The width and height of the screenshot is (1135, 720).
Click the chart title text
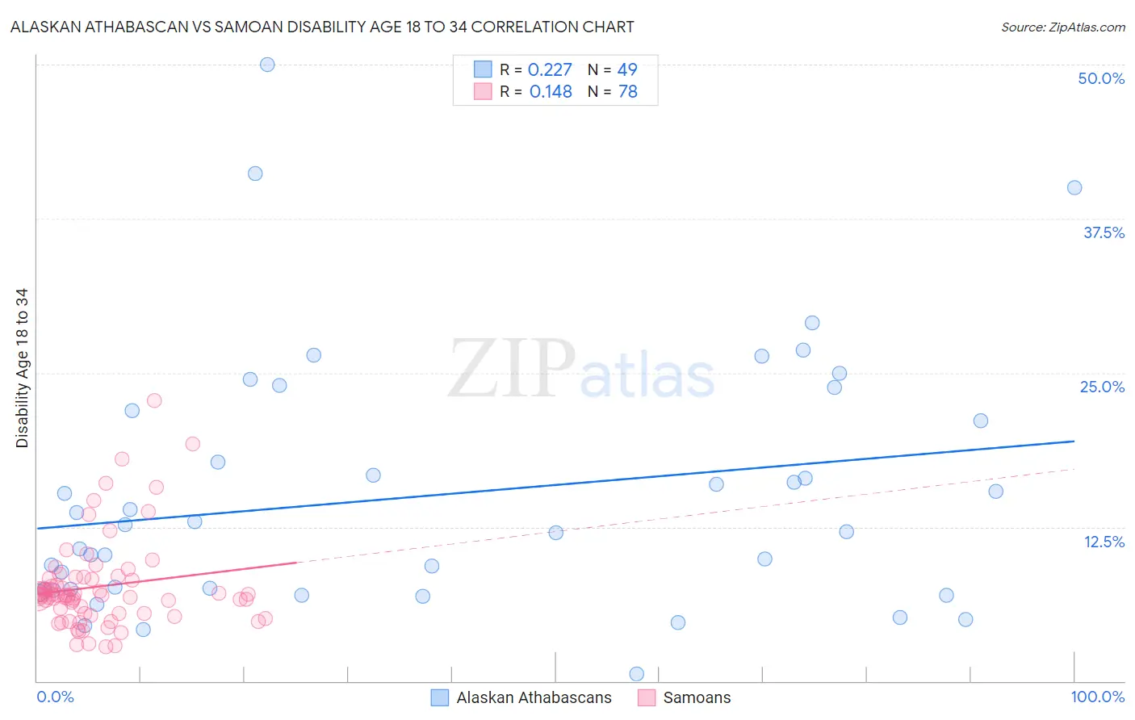[x=322, y=27]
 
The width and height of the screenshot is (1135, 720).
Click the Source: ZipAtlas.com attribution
[x=1062, y=27]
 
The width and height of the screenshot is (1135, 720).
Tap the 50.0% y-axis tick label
[x=1101, y=78]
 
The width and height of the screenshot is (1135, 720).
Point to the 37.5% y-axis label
[x=1104, y=232]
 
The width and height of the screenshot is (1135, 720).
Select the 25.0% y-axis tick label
[x=1102, y=387]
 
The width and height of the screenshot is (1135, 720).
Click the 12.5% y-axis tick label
[x=1104, y=542]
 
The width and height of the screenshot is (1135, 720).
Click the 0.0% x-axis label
[x=55, y=697]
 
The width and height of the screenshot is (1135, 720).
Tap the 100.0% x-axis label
[x=1097, y=697]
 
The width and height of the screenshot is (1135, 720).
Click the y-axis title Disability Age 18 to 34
[x=22, y=368]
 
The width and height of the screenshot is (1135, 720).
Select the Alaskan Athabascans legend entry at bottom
[x=533, y=697]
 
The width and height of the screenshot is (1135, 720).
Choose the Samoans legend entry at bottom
[x=696, y=697]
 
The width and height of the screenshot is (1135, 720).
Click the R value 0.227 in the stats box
[x=550, y=70]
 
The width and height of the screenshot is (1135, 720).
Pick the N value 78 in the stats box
[x=627, y=92]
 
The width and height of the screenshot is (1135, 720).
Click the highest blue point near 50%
[x=267, y=65]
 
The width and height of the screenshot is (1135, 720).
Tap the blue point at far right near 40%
[x=1074, y=188]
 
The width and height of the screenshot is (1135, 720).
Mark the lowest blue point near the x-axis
[x=636, y=674]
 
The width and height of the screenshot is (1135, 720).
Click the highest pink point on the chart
[x=154, y=400]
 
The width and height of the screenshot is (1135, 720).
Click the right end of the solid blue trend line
[x=1074, y=442]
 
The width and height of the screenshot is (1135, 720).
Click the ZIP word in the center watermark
[x=512, y=369]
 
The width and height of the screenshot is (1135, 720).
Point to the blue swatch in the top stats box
[x=483, y=69]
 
